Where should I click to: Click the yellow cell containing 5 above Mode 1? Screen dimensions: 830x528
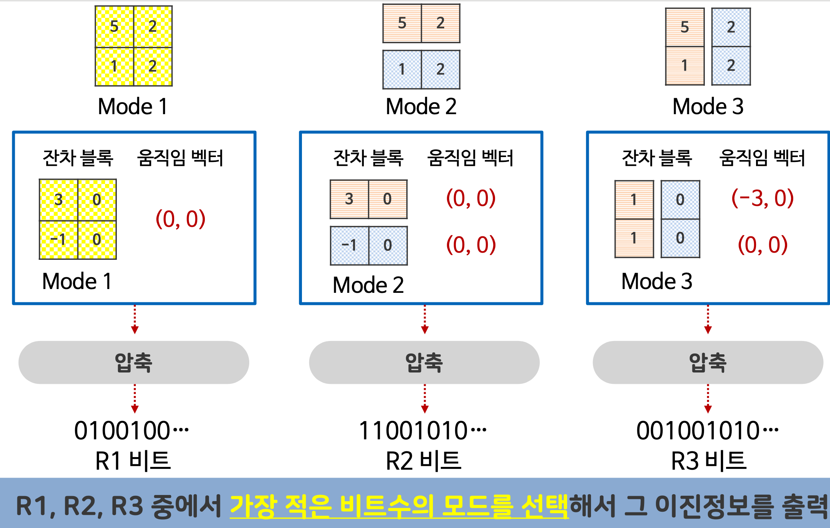[114, 27]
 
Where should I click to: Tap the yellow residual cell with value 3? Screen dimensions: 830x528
[58, 200]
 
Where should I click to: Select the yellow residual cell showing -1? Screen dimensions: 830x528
[58, 239]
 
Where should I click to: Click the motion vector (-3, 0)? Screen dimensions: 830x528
[762, 198]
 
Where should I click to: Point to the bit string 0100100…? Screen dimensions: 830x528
[131, 431]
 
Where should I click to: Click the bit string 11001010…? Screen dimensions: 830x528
[423, 431]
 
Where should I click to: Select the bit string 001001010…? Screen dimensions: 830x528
[707, 431]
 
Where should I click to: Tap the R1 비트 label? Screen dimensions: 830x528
[133, 461]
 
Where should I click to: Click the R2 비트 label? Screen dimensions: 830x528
[423, 461]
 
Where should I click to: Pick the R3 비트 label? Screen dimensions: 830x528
[709, 461]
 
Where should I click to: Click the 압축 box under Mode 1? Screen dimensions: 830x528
[134, 362]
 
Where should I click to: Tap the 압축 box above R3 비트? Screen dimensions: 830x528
[708, 362]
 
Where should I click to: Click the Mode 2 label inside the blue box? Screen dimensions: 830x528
[368, 285]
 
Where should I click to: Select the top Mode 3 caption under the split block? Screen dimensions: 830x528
[708, 106]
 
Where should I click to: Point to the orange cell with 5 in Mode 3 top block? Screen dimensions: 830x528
[685, 27]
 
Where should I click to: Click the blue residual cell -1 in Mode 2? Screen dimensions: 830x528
[349, 245]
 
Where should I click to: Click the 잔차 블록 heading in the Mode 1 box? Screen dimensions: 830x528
[78, 158]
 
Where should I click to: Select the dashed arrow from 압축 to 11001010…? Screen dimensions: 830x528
[425, 398]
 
